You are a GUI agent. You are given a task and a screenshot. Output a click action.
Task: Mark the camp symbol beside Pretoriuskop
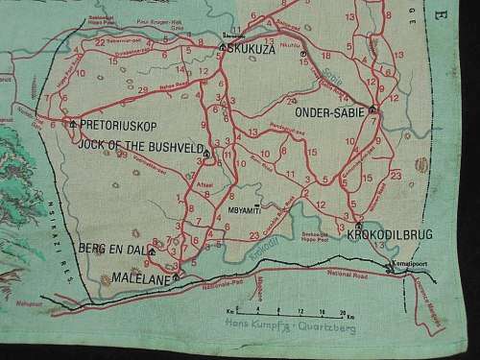tap(72, 124)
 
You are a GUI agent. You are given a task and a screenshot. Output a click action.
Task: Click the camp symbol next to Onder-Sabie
tap(372, 108)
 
